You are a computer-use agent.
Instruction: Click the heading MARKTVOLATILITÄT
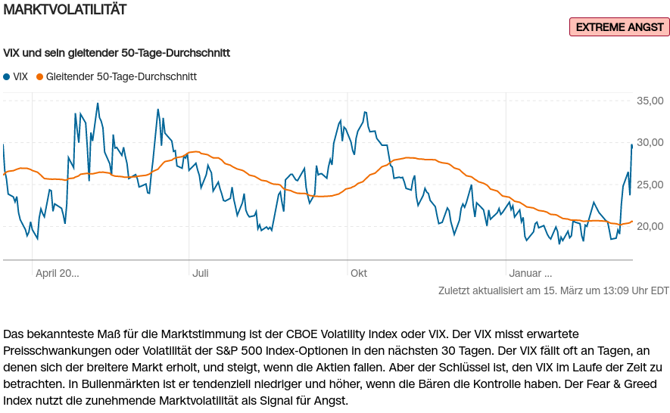(x=65, y=10)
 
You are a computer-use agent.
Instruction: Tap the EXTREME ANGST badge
(x=619, y=27)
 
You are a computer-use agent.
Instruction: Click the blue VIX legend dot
(x=7, y=76)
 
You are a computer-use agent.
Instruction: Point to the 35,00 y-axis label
(x=650, y=101)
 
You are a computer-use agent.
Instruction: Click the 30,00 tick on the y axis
(x=650, y=142)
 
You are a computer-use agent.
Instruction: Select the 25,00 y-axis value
(x=650, y=185)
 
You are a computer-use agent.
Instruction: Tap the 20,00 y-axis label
(x=650, y=226)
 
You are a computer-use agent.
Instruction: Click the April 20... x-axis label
(x=58, y=273)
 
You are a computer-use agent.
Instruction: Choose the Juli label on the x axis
(x=201, y=273)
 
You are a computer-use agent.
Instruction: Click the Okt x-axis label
(x=359, y=273)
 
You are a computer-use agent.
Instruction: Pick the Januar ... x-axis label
(x=530, y=273)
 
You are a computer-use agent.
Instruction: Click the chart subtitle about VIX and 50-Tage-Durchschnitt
(x=117, y=54)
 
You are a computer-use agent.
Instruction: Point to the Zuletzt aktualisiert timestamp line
(x=553, y=290)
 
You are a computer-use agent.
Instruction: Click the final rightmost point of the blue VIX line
(x=631, y=144)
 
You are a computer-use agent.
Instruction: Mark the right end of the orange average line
(x=632, y=222)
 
